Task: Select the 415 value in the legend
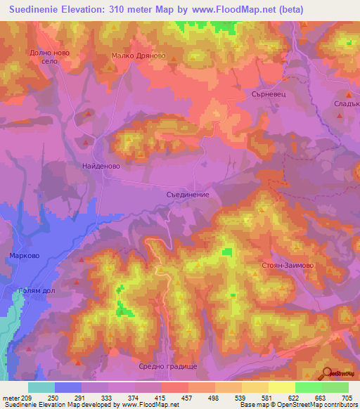pos(165,397)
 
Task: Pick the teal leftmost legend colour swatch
pos(41,387)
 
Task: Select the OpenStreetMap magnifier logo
pos(327,372)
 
